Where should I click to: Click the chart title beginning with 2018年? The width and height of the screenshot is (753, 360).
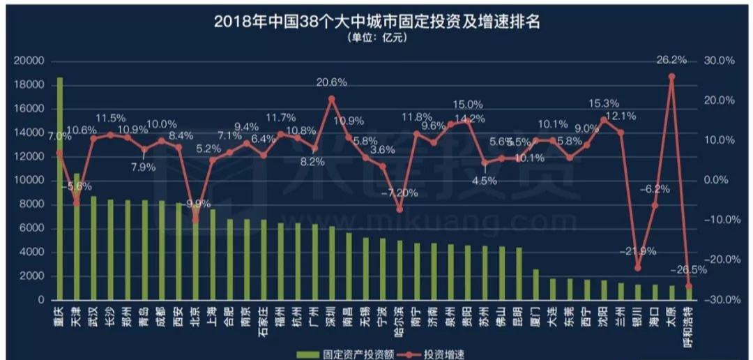pyautogui.click(x=376, y=21)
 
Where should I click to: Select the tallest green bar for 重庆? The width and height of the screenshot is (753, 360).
pyautogui.click(x=59, y=188)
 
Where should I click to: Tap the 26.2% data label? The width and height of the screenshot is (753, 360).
pyautogui.click(x=671, y=60)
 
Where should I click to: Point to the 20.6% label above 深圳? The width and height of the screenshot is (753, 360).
pyautogui.click(x=332, y=82)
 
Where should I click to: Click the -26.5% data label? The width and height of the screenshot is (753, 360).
pyautogui.click(x=691, y=270)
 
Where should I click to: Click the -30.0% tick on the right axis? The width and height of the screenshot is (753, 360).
pyautogui.click(x=719, y=300)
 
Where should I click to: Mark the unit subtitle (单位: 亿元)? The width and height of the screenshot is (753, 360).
pyautogui.click(x=376, y=38)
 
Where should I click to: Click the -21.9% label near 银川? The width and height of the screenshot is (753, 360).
pyautogui.click(x=637, y=251)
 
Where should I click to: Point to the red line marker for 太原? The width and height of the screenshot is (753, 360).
pyautogui.click(x=671, y=76)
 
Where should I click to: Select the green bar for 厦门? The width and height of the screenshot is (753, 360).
pyautogui.click(x=535, y=285)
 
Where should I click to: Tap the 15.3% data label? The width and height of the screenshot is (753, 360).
pyautogui.click(x=604, y=103)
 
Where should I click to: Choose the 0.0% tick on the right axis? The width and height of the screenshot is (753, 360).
pyautogui.click(x=719, y=181)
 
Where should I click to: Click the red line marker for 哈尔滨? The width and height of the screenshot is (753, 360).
pyautogui.click(x=400, y=209)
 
